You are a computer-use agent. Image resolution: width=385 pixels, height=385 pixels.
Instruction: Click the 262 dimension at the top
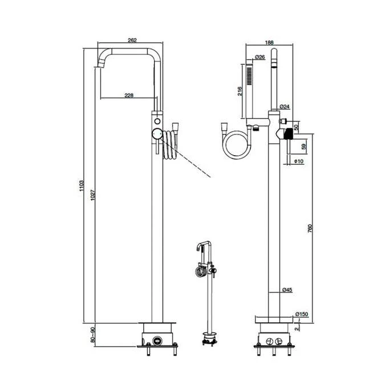tap(132, 40)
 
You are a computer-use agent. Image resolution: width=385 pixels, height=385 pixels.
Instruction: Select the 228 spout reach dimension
tap(128, 95)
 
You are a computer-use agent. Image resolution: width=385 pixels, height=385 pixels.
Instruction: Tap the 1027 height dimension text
tap(95, 197)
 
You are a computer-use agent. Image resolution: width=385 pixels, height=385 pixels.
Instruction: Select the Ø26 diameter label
tap(258, 57)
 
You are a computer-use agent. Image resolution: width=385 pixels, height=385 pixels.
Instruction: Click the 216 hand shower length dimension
tap(240, 92)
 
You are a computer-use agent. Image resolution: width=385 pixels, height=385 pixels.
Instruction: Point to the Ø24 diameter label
tap(285, 107)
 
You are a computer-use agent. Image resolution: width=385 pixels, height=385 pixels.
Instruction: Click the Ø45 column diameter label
tap(287, 291)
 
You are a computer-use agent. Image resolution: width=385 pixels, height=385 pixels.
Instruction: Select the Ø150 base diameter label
tap(302, 314)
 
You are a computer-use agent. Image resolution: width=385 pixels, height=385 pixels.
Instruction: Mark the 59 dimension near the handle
tap(303, 147)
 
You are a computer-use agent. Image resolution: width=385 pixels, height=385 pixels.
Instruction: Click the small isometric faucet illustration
tap(205, 291)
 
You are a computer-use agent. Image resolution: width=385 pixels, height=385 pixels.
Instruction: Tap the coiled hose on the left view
tap(169, 146)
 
